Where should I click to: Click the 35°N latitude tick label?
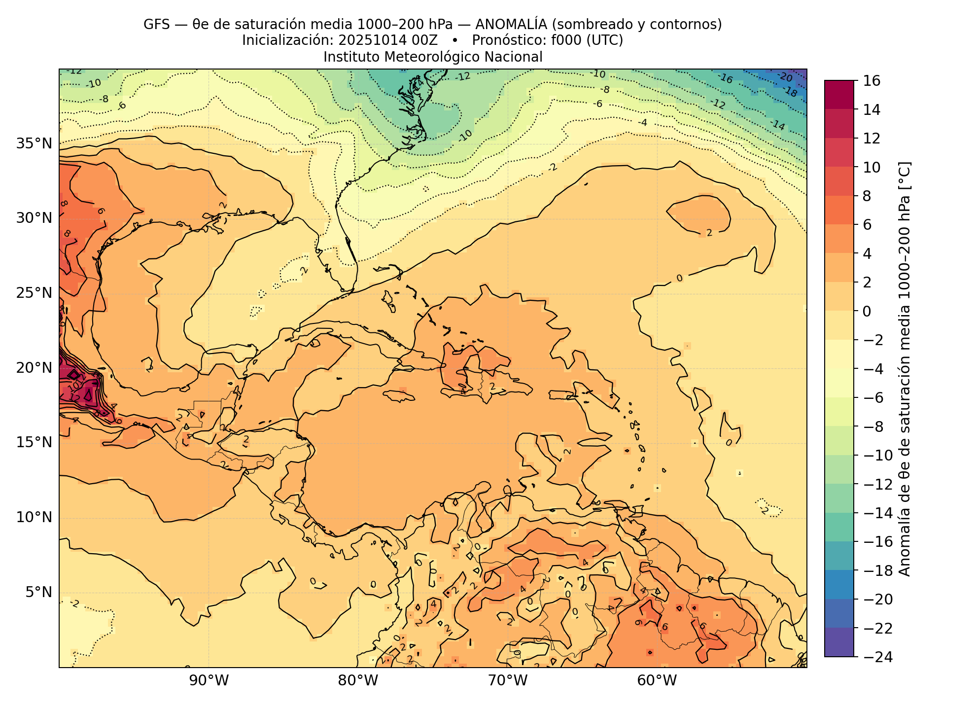coord(34,144)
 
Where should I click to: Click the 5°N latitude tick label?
coord(38,592)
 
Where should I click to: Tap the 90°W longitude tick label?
coord(209,681)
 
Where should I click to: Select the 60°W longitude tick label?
coord(657,681)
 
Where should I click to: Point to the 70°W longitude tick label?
coord(508,681)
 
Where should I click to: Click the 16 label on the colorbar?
coord(872,81)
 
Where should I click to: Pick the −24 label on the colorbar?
coord(876,657)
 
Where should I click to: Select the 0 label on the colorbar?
coord(867,311)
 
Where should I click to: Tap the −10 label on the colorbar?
coord(876,455)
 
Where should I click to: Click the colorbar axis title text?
coord(905,369)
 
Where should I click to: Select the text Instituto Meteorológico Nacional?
coord(433,57)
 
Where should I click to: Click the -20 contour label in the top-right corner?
coord(785,77)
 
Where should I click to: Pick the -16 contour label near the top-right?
coord(725,79)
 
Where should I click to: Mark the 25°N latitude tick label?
coord(34,293)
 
